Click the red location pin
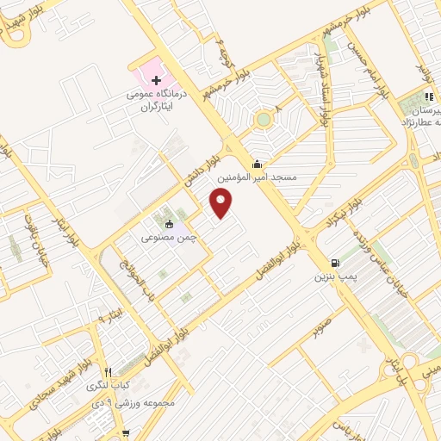(x=222, y=203)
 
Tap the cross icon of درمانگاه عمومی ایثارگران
(x=156, y=80)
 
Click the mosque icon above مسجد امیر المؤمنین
(x=256, y=164)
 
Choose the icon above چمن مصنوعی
(x=169, y=225)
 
